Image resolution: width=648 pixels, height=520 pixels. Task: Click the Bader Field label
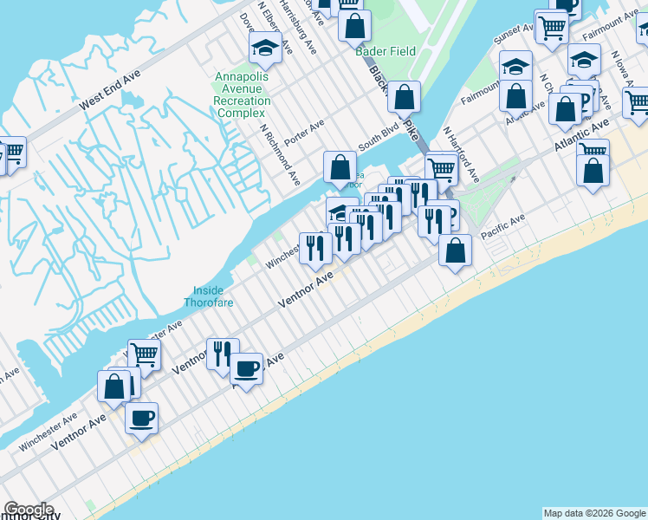[386, 51]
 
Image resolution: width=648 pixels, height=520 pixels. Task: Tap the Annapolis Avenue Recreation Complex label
[243, 94]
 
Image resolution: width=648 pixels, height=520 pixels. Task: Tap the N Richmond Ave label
[279, 153]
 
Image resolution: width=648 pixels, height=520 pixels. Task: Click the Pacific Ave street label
[503, 227]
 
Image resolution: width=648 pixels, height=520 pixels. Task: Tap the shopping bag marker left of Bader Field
[354, 26]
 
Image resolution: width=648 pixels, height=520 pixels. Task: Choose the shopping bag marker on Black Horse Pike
[404, 98]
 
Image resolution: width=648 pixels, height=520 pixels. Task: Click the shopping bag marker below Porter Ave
[340, 167]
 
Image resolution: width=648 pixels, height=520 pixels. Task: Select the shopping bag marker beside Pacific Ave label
[455, 251]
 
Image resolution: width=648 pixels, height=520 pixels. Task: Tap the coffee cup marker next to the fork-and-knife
[246, 369]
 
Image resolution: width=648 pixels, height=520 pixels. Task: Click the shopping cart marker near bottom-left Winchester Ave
[144, 354]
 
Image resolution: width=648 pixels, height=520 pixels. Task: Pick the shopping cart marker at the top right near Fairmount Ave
[551, 27]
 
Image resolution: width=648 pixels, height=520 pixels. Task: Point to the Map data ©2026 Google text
[594, 513]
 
